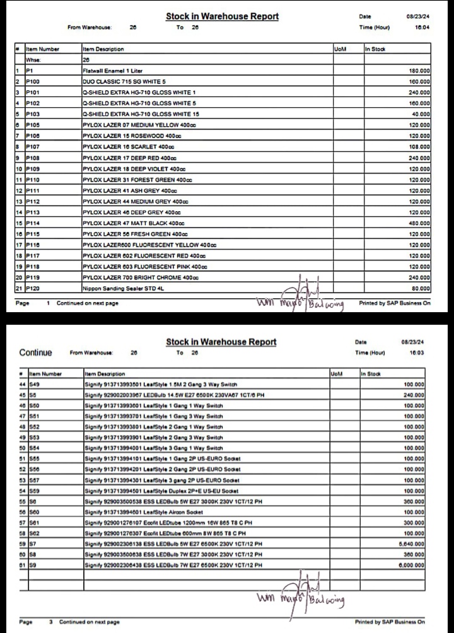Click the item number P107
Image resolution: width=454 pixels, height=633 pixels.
click(x=34, y=146)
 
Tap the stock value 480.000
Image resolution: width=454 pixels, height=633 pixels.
click(x=419, y=223)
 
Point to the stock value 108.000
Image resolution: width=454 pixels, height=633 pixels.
click(x=419, y=146)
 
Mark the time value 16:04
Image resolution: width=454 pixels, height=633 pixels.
click(x=422, y=27)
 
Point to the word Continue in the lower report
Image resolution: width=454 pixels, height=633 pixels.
click(x=36, y=352)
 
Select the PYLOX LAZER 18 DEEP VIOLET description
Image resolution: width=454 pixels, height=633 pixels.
click(x=133, y=169)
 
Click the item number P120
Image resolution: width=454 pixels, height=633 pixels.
click(x=34, y=288)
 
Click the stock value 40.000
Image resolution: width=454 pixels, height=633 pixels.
click(x=421, y=114)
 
